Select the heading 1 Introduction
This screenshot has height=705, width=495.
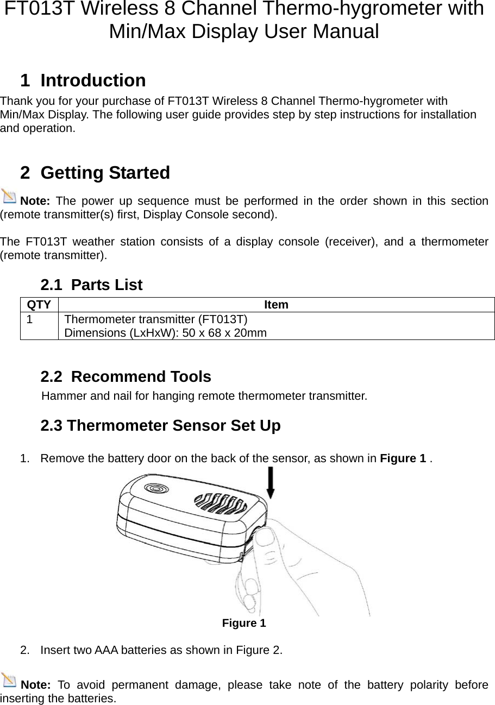click(x=83, y=80)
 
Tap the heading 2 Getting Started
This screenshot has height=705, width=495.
click(x=95, y=173)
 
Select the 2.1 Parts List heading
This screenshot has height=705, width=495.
click(x=91, y=285)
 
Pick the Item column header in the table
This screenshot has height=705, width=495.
click(x=276, y=305)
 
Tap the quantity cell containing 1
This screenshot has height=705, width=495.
click(x=32, y=320)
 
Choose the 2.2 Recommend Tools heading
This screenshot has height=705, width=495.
click(x=126, y=376)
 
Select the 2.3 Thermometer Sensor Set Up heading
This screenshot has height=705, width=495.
click(x=160, y=426)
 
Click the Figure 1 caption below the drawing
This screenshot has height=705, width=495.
click(x=244, y=623)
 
